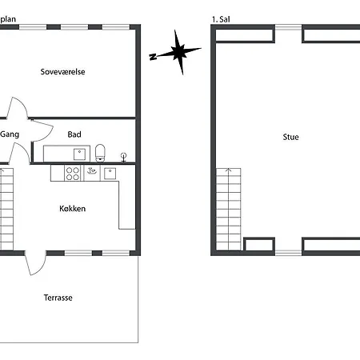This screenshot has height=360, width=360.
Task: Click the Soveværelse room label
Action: click(62, 72)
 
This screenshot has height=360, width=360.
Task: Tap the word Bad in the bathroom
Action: click(74, 134)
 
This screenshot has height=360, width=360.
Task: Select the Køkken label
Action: click(73, 209)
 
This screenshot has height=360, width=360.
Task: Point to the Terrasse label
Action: click(58, 298)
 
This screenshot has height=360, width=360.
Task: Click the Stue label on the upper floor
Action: click(290, 137)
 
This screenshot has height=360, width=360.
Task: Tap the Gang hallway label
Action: click(10, 134)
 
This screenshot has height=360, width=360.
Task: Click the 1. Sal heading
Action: click(221, 19)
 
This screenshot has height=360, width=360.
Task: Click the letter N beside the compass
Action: click(153, 57)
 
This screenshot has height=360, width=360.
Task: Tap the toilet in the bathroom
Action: click(100, 153)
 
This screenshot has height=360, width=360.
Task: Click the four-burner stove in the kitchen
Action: click(73, 174)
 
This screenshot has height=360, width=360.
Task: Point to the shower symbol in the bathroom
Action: click(123, 158)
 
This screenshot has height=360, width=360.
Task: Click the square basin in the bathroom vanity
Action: click(79, 154)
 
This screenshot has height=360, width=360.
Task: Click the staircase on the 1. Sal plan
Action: click(229, 210)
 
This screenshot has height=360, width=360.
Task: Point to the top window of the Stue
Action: click(288, 27)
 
